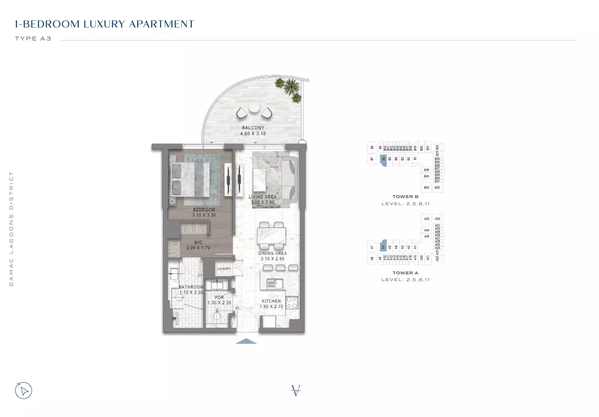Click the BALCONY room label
click(x=253, y=128)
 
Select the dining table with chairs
click(x=272, y=236)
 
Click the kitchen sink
click(x=274, y=284)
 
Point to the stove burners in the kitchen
click(x=292, y=302)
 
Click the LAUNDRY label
click(x=224, y=269)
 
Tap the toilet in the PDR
click(x=216, y=317)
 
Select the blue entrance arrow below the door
click(x=246, y=342)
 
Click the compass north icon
click(x=24, y=391)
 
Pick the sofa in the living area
click(x=290, y=179)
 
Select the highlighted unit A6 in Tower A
click(x=383, y=246)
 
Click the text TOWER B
click(x=405, y=197)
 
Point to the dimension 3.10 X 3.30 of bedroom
click(x=204, y=215)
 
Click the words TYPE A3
click(x=33, y=39)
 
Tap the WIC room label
click(x=198, y=242)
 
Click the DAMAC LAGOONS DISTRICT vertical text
click(x=11, y=229)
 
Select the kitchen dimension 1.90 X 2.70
click(x=271, y=306)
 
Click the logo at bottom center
click(x=296, y=390)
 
